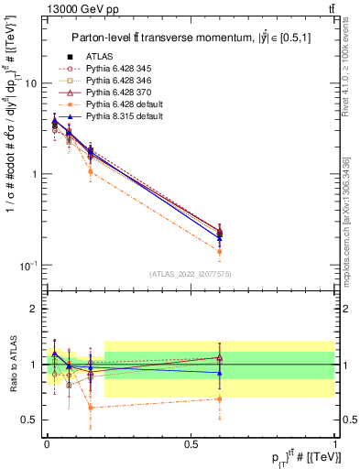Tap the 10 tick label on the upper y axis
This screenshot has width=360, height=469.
[29, 83]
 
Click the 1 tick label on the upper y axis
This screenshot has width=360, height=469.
[33, 174]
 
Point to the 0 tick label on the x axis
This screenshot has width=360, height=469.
[46, 442]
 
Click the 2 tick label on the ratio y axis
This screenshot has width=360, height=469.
[33, 309]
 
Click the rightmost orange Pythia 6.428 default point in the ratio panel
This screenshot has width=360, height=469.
[220, 398]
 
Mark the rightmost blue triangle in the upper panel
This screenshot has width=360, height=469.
[220, 238]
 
